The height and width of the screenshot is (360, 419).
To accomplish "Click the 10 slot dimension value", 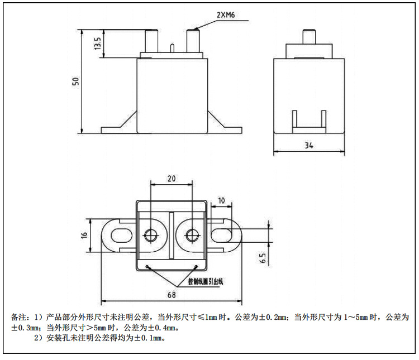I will tap(221, 200).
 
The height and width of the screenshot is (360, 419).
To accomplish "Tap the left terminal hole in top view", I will tap(151, 235).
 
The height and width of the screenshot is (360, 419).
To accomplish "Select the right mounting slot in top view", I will tap(226, 235).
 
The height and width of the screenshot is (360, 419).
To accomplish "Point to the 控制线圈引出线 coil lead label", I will tap(205, 281).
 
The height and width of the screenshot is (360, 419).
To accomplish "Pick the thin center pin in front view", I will tap(172, 48).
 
